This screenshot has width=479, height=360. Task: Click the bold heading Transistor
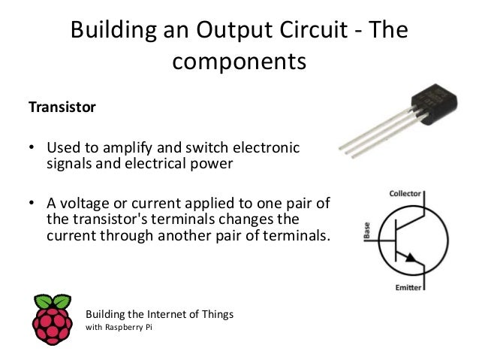click(x=62, y=107)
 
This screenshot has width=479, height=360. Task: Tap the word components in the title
click(x=239, y=61)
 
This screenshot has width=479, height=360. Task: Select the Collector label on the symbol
click(x=405, y=194)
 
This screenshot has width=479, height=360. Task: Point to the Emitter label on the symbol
click(x=405, y=287)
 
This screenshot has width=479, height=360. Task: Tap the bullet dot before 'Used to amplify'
click(x=32, y=147)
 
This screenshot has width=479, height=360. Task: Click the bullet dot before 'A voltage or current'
click(x=32, y=204)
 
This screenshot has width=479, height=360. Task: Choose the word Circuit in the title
click(x=334, y=31)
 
